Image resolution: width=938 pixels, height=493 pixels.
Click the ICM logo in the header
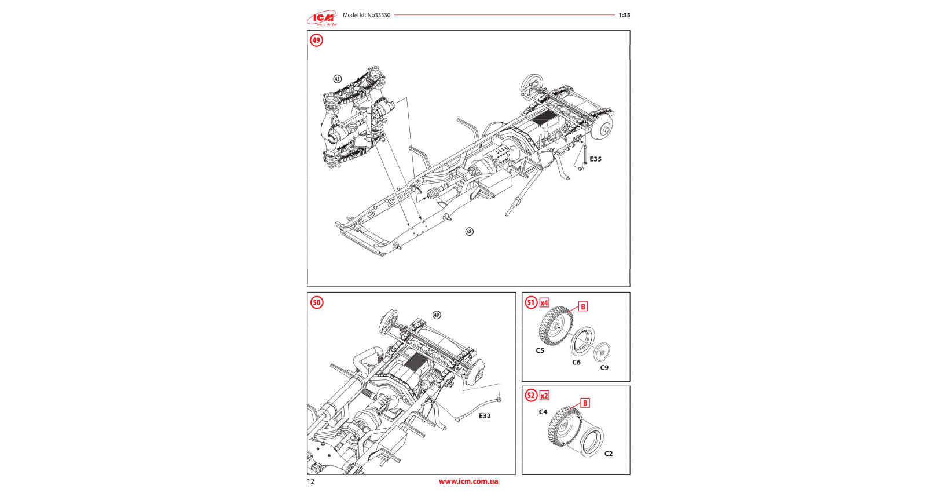[323, 19]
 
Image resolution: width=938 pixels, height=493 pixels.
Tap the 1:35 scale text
[624, 16]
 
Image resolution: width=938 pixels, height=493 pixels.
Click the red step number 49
[316, 41]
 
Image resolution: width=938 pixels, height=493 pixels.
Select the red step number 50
[316, 302]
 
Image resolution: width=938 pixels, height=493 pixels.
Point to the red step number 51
[531, 302]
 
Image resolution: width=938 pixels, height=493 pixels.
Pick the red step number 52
[531, 396]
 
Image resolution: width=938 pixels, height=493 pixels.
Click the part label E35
[595, 159]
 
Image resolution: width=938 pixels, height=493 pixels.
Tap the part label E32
[485, 416]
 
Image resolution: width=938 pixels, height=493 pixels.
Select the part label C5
[540, 350]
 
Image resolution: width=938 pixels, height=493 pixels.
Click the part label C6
[576, 363]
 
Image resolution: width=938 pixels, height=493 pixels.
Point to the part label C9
[604, 368]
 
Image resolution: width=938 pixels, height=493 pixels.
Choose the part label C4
[543, 412]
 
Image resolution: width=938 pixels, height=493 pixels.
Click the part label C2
[608, 454]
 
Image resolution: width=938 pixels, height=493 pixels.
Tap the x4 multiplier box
[544, 303]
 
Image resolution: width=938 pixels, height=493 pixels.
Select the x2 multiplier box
[544, 396]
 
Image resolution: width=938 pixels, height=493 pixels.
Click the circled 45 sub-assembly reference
[337, 79]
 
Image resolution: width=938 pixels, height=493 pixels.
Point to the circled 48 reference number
[469, 232]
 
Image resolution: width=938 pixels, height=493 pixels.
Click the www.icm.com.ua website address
[468, 481]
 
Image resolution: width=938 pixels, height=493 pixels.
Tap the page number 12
[311, 481]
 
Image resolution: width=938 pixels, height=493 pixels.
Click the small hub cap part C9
[603, 350]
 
